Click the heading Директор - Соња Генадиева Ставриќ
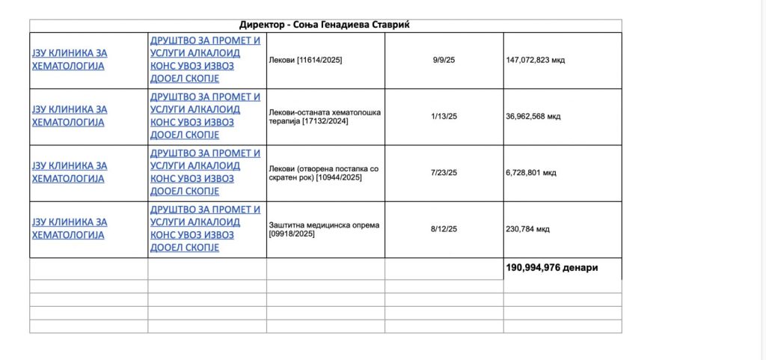[x=325, y=25]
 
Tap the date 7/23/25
[x=444, y=172]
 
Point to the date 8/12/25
[x=444, y=228]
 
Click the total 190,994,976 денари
[x=552, y=267]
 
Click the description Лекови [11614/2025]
[x=305, y=60]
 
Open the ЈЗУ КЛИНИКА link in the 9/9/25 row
[x=69, y=59]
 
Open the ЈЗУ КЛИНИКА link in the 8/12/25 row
[x=69, y=228]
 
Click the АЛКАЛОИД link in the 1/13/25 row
[x=206, y=109]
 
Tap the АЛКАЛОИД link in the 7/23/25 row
[x=206, y=165]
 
